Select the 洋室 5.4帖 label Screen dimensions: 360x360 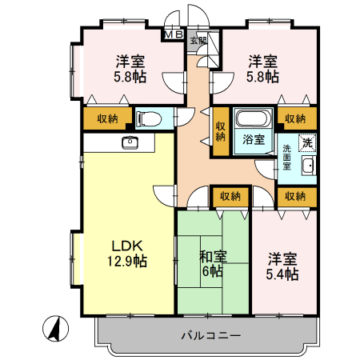(282, 266)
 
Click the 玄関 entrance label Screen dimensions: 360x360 (198, 40)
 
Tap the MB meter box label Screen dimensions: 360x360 (173, 35)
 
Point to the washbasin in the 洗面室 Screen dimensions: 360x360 (307, 166)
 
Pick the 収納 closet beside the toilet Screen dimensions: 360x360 (107, 118)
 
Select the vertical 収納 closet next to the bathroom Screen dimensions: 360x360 (220, 130)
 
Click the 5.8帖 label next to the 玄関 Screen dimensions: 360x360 (262, 69)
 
